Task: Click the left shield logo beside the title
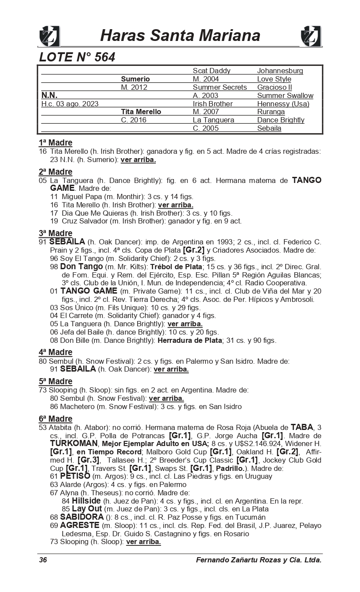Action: (50, 36)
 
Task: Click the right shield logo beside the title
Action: (311, 36)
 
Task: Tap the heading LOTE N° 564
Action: (77, 57)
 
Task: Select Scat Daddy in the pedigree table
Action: (212, 71)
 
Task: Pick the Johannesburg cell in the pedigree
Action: (280, 71)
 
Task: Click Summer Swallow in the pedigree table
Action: (285, 95)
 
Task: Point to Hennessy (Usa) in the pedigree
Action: (283, 104)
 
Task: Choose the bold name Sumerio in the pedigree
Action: (135, 79)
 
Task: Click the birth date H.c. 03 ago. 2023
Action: (70, 104)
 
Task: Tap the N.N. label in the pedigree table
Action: (49, 95)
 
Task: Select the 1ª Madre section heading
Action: (55, 143)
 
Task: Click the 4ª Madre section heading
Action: (55, 352)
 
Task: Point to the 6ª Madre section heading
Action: (55, 419)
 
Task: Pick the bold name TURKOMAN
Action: (74, 443)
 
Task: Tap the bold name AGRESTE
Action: (80, 525)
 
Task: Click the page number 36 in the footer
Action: (43, 560)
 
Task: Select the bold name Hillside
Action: (86, 501)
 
